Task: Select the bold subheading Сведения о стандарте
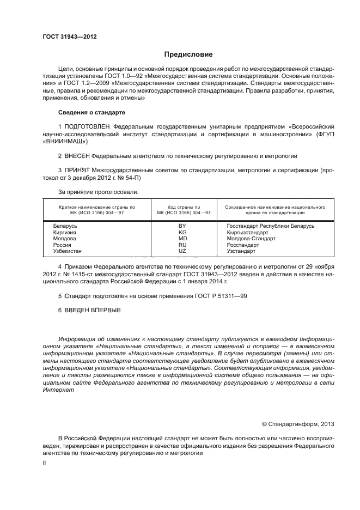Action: (x=91, y=112)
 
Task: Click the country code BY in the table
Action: (x=182, y=226)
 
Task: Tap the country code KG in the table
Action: (x=182, y=232)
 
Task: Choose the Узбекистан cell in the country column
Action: (x=67, y=251)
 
